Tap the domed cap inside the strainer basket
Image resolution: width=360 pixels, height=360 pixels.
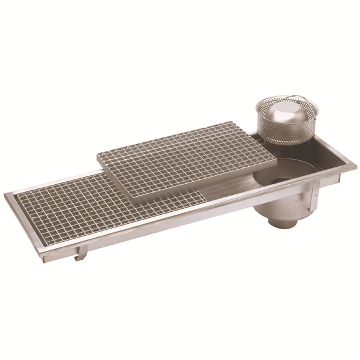coord(281,110)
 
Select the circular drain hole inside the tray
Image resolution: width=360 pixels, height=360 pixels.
coord(279,179)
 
